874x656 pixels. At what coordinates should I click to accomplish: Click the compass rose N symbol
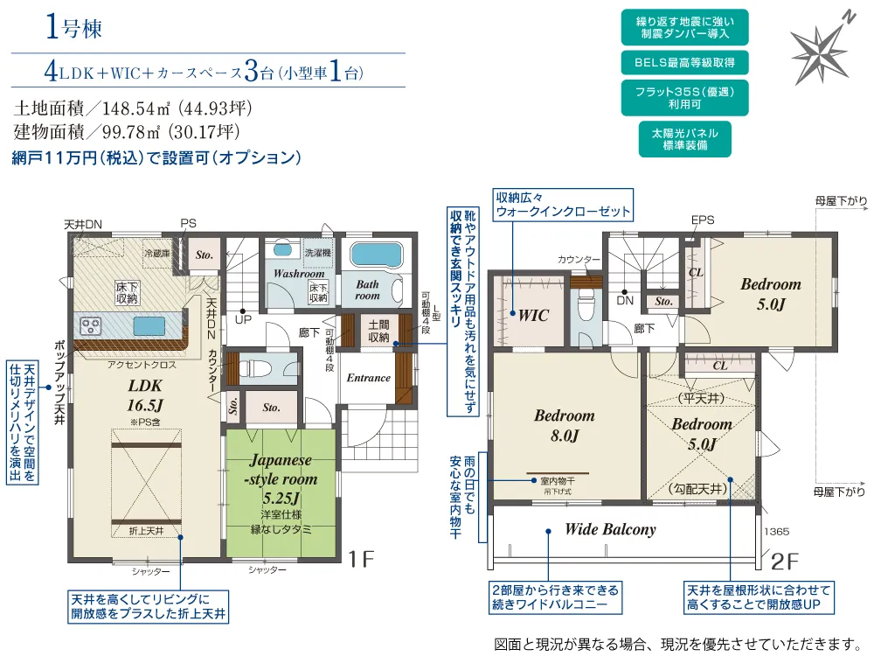[x=849, y=17]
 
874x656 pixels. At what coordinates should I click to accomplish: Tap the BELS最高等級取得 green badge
[x=684, y=62]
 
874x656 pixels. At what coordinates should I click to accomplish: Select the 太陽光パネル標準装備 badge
[x=684, y=139]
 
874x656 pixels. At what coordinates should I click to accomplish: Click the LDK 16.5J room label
[x=145, y=395]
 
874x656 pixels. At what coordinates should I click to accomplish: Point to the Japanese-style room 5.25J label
[x=282, y=478]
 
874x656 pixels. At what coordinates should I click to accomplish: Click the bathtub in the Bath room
[x=375, y=255]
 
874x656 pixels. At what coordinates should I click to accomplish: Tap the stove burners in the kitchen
[x=90, y=325]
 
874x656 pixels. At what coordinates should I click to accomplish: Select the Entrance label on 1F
[x=369, y=378]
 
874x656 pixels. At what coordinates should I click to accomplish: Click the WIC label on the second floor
[x=533, y=316]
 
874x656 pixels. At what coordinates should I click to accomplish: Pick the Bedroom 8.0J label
[x=564, y=425]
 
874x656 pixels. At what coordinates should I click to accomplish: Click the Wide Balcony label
[x=610, y=529]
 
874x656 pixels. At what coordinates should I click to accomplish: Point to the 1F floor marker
[x=361, y=558]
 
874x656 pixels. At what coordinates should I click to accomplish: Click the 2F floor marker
[x=784, y=562]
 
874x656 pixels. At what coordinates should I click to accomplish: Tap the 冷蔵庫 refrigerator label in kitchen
[x=156, y=254]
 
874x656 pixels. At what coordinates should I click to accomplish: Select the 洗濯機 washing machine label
[x=318, y=252]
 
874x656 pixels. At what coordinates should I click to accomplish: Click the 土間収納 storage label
[x=378, y=331]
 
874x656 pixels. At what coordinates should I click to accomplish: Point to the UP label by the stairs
[x=243, y=319]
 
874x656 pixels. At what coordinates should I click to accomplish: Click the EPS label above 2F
[x=703, y=220]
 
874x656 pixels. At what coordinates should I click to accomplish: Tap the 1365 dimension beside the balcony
[x=776, y=532]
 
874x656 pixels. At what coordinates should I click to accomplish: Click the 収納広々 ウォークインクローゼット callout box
[x=563, y=205]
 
